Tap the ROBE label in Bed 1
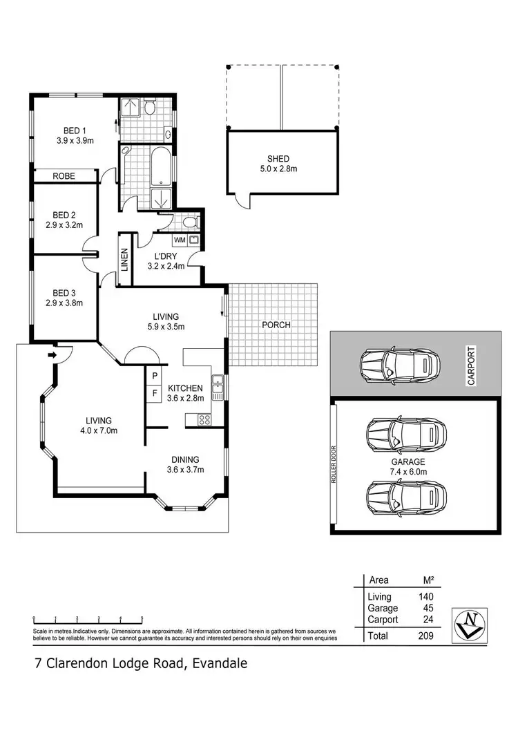pyautogui.click(x=64, y=177)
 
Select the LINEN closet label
pyautogui.click(x=125, y=257)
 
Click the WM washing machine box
pyautogui.click(x=180, y=240)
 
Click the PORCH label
pyautogui.click(x=276, y=325)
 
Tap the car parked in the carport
pyautogui.click(x=399, y=364)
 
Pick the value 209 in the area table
pyautogui.click(x=425, y=636)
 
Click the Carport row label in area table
pyautogui.click(x=383, y=620)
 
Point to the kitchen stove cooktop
pyautogui.click(x=204, y=419)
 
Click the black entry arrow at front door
pyautogui.click(x=52, y=355)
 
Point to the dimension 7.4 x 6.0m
pyautogui.click(x=407, y=472)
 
